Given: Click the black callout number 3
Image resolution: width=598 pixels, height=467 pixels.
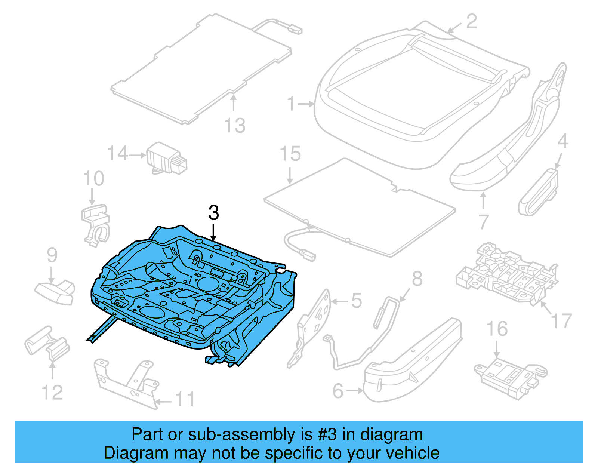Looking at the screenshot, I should point(213,213).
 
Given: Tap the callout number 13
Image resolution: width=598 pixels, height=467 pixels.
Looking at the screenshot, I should point(235,126).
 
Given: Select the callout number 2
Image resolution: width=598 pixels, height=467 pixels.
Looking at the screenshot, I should point(472,21).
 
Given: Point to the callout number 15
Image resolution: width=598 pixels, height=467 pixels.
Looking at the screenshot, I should point(290,154).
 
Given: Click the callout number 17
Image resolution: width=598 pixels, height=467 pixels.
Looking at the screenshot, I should point(561,321).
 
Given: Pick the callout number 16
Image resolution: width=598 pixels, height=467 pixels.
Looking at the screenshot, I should point(497,329).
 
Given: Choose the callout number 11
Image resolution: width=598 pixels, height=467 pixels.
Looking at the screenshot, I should point(185,399).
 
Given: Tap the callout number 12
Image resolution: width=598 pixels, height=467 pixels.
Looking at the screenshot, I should point(52,393).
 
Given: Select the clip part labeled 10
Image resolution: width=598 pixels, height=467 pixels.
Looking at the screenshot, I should point(96,224).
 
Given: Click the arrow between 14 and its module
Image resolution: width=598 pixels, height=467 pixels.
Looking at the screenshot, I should point(138,155).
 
